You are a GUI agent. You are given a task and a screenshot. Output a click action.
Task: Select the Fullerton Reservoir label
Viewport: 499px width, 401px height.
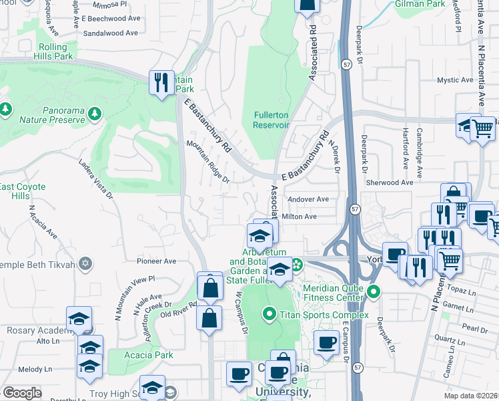click(271, 120)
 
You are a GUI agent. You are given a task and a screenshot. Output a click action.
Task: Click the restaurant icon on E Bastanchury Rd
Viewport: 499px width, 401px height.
click(161, 83)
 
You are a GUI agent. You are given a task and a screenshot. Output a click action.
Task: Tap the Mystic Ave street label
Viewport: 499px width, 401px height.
click(456, 80)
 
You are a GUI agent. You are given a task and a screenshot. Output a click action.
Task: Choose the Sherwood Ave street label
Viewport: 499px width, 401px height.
click(390, 182)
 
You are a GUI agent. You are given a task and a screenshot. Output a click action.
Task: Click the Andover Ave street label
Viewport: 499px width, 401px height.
click(308, 199)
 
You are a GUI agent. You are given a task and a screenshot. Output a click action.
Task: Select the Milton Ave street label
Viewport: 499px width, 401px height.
click(300, 217)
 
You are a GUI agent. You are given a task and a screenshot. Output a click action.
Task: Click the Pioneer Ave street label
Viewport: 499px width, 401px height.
click(155, 261)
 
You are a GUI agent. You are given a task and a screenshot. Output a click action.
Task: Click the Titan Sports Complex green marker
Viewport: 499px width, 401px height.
click(270, 313)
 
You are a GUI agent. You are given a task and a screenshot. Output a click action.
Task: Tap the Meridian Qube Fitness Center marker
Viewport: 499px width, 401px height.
click(374, 291)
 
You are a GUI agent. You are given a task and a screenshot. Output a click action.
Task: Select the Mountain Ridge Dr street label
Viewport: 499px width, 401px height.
click(207, 161)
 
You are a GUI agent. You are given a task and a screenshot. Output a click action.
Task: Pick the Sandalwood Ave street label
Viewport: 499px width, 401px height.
click(111, 32)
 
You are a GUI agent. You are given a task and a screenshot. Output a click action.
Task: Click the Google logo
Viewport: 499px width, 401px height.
click(22, 393)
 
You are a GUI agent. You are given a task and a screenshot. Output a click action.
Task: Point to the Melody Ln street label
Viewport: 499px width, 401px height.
click(35, 369)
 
